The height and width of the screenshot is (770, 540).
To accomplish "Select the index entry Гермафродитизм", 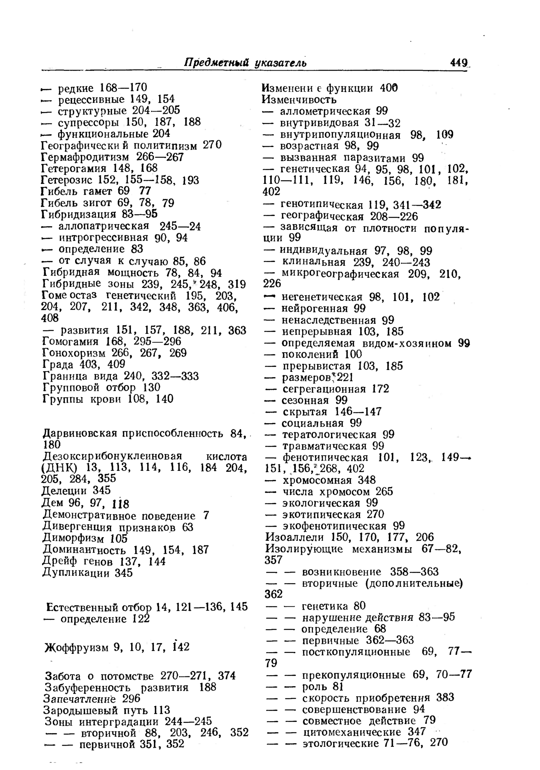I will coord(87,157).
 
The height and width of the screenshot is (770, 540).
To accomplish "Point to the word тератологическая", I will coord(329,435).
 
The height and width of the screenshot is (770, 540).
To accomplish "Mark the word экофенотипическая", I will coord(334,526).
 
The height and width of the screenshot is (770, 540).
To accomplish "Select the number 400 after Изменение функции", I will coord(389,88).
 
